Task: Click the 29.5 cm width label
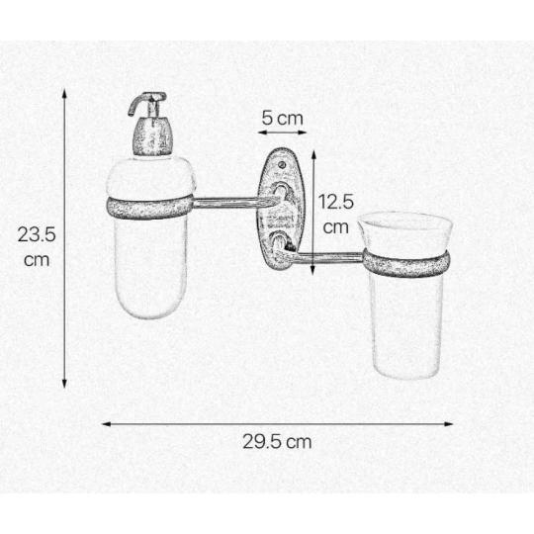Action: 277,442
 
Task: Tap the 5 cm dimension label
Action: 282,119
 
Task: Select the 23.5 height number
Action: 37,234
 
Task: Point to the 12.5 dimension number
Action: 336,202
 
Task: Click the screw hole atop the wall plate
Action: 282,165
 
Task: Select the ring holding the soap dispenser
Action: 150,207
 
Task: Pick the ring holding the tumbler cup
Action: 406,261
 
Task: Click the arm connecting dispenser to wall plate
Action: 231,203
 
